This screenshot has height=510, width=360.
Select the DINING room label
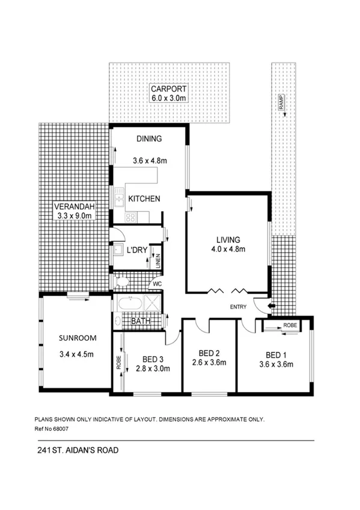(x=148, y=139)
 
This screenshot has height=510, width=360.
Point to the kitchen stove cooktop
(x=130, y=217)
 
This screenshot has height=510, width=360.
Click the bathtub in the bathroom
(x=130, y=303)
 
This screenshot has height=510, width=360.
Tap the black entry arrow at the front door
(x=272, y=307)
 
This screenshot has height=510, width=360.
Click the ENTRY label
(x=238, y=307)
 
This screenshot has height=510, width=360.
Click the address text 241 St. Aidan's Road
(x=75, y=449)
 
